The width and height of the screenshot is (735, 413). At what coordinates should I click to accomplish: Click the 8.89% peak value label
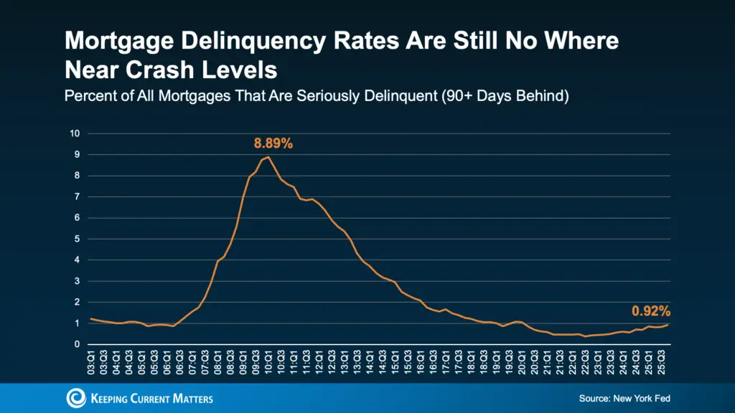[273, 143]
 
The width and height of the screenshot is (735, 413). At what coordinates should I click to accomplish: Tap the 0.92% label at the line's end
[650, 311]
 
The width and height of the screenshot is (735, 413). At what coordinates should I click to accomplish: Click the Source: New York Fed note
[624, 398]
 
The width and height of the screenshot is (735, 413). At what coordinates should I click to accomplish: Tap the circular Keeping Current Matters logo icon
[75, 399]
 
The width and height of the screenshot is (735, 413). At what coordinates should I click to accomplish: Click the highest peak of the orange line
[268, 156]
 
